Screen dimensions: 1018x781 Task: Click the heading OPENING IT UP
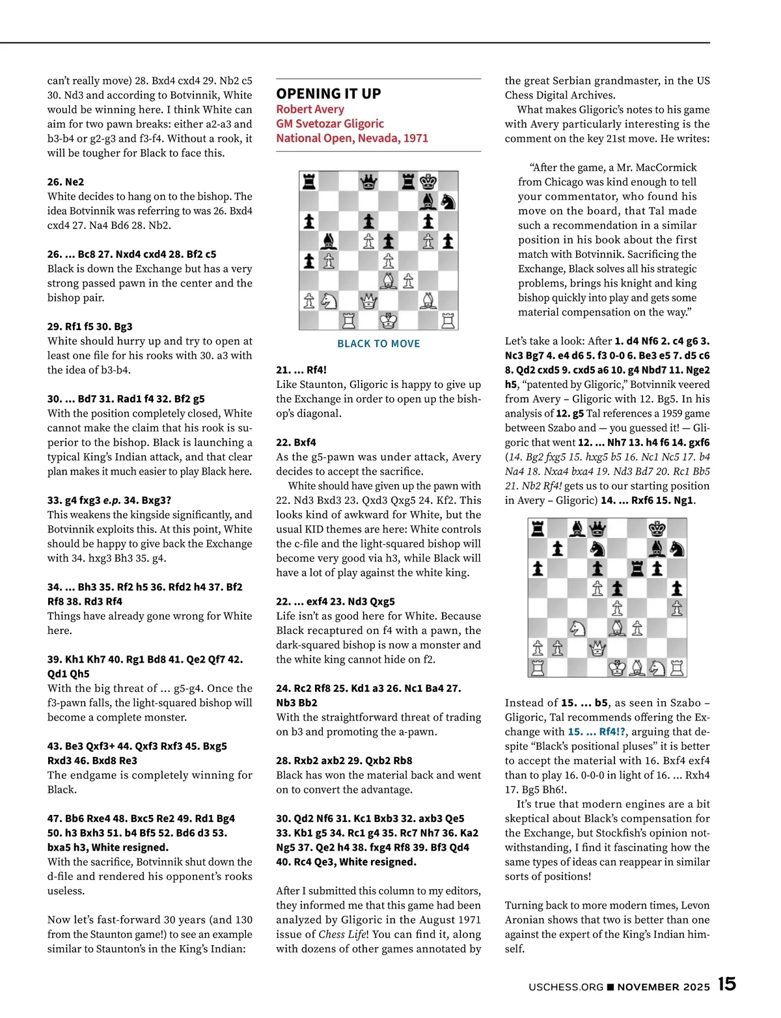[x=329, y=94]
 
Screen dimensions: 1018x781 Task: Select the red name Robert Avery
[x=310, y=109]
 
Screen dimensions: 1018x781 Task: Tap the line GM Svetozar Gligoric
[x=330, y=124]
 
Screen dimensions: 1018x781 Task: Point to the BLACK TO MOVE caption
[x=378, y=344]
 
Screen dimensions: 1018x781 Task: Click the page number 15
[x=727, y=984]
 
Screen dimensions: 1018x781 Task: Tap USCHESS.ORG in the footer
[x=566, y=987]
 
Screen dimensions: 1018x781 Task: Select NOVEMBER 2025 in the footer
[x=663, y=987]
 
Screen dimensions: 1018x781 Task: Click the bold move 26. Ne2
[x=66, y=182]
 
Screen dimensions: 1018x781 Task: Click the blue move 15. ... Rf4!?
[x=597, y=732]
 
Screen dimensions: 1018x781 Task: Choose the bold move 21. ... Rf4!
[x=301, y=370]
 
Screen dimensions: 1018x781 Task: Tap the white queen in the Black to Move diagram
[x=369, y=301]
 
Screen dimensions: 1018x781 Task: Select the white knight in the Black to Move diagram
[x=329, y=301]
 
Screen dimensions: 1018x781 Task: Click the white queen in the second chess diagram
[x=597, y=648]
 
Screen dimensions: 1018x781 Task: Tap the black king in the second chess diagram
[x=657, y=529]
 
